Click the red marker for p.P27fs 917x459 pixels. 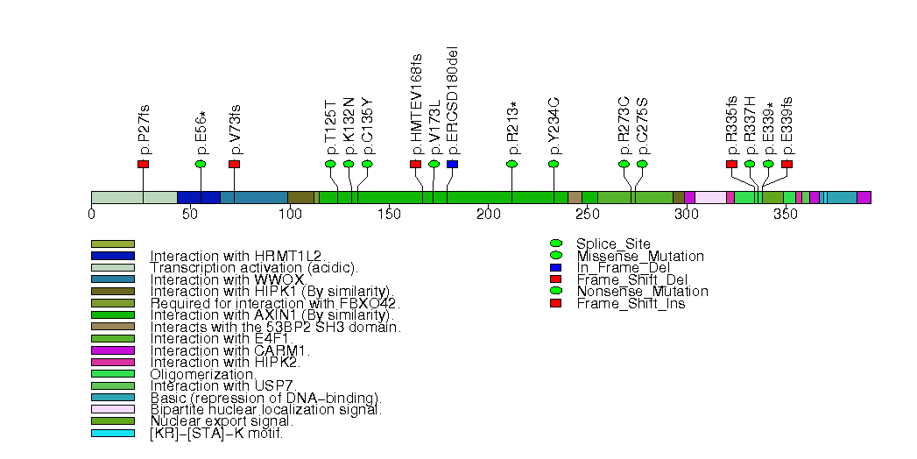144,164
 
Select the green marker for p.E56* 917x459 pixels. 201,164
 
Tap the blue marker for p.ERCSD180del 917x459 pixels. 452,164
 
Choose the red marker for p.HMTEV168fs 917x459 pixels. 415,164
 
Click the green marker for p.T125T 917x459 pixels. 330,164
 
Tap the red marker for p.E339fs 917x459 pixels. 787,164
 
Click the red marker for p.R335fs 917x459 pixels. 731,164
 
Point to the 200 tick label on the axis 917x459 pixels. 488,214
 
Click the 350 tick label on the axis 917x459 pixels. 785,214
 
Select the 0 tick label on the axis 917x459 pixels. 92,214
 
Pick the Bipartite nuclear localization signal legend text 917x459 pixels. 265,409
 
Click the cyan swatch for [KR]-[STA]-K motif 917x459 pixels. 113,433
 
